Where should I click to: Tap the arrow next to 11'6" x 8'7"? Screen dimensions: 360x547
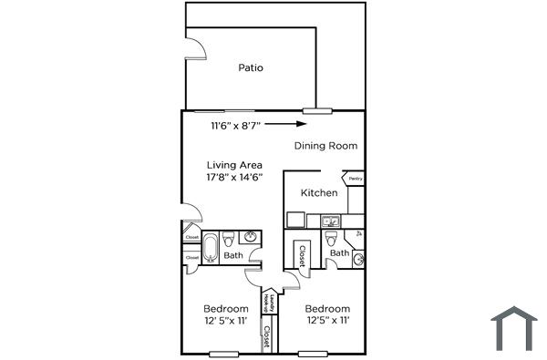[x=289, y=124]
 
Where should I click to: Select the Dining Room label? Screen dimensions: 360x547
[x=325, y=146]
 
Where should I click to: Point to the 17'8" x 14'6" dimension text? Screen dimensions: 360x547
[x=235, y=177]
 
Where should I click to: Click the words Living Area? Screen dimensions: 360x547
[x=234, y=165]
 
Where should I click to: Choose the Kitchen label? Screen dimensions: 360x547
[x=319, y=193]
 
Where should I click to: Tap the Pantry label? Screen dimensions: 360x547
[x=355, y=179]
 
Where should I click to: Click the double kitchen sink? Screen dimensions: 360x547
[x=330, y=220]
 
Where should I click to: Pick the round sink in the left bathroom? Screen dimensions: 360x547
[x=250, y=239]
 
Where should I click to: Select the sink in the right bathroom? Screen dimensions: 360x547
[x=358, y=260]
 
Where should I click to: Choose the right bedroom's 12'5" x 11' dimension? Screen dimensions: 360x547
[x=327, y=320]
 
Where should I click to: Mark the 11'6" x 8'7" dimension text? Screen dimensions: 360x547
[x=236, y=125]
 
